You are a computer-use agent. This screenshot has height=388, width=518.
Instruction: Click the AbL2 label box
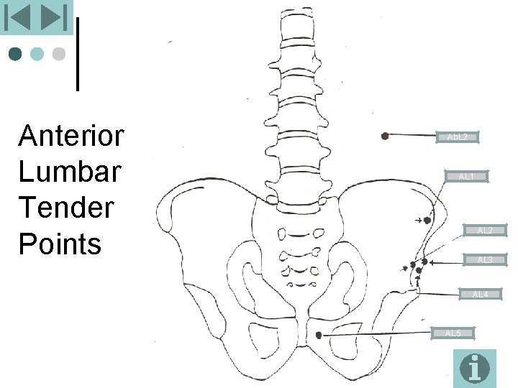[x=458, y=137]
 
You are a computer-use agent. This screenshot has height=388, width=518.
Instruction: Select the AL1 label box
[x=466, y=176]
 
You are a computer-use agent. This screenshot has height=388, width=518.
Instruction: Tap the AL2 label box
[x=485, y=231]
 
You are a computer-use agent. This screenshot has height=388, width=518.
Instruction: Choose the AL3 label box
[x=485, y=259]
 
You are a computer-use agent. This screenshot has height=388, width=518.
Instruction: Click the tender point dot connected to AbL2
[x=385, y=135]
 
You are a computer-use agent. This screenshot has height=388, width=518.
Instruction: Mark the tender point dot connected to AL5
[x=319, y=334]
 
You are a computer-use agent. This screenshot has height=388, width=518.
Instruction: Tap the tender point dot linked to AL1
[x=427, y=221]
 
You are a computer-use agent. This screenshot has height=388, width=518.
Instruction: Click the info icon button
[x=475, y=368]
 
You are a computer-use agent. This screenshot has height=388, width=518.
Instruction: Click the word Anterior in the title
[x=71, y=136]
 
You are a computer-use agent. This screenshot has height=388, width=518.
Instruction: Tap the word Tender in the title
[x=66, y=208]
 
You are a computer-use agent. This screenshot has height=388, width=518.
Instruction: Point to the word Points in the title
[x=60, y=244]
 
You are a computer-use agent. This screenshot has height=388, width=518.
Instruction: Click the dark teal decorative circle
[x=15, y=54]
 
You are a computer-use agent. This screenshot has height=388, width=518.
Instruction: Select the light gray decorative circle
[x=59, y=54]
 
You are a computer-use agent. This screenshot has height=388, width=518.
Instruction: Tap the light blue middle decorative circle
[x=37, y=54]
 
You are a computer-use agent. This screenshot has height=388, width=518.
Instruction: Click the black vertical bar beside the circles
[x=77, y=54]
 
